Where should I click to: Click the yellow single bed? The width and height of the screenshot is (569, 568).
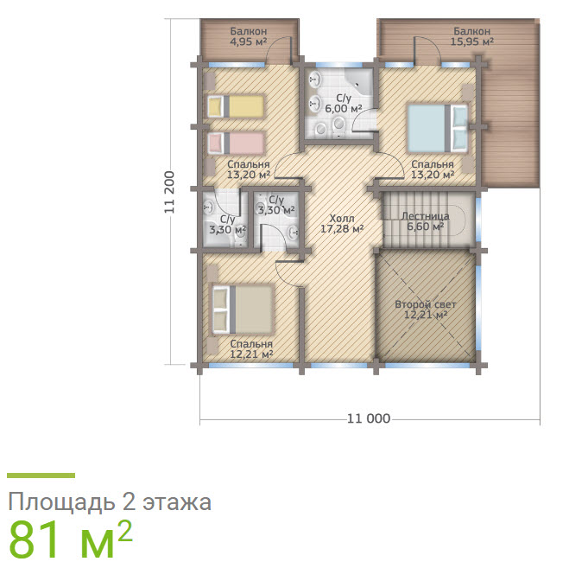click(x=235, y=106)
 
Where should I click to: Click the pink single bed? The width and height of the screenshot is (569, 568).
click(x=236, y=144)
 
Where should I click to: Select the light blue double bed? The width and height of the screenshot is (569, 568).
click(x=437, y=128)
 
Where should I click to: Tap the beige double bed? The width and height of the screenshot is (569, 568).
click(x=242, y=310)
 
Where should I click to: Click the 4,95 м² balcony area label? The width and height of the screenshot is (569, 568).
click(x=249, y=36)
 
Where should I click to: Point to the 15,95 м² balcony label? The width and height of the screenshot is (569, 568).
click(x=471, y=36)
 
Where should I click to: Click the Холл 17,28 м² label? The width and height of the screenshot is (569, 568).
click(x=342, y=224)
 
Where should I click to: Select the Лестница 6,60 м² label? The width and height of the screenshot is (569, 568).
click(x=426, y=221)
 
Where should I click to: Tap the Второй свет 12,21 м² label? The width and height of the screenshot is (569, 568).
click(x=426, y=310)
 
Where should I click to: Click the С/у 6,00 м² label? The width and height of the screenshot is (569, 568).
click(x=344, y=104)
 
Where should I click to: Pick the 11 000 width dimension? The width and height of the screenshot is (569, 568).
click(x=369, y=418)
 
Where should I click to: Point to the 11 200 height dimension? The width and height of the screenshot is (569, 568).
click(x=170, y=192)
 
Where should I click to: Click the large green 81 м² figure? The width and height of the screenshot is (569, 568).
click(x=70, y=539)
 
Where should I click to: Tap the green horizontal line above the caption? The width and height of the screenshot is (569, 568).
click(x=41, y=475)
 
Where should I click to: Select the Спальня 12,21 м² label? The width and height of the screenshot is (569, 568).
click(x=251, y=349)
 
